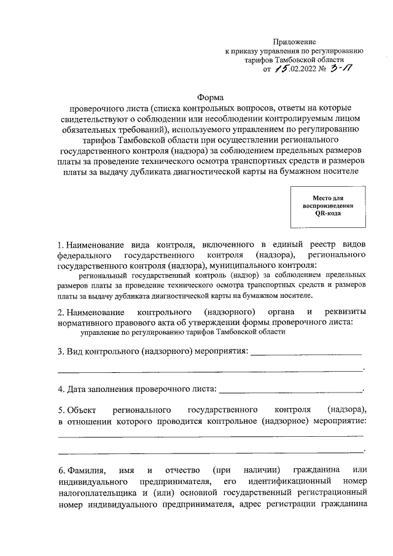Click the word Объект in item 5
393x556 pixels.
click(x=82, y=409)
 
